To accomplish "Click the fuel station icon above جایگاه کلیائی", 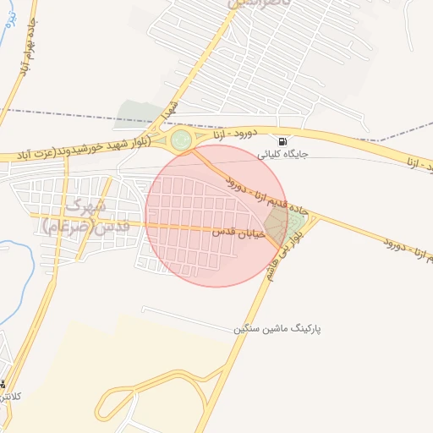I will [x=282, y=140].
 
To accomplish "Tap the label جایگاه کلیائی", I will [x=282, y=155].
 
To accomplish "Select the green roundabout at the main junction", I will [x=181, y=140].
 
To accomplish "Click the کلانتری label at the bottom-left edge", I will [x=10, y=396].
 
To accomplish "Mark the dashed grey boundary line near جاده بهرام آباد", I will [x=59, y=113].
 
